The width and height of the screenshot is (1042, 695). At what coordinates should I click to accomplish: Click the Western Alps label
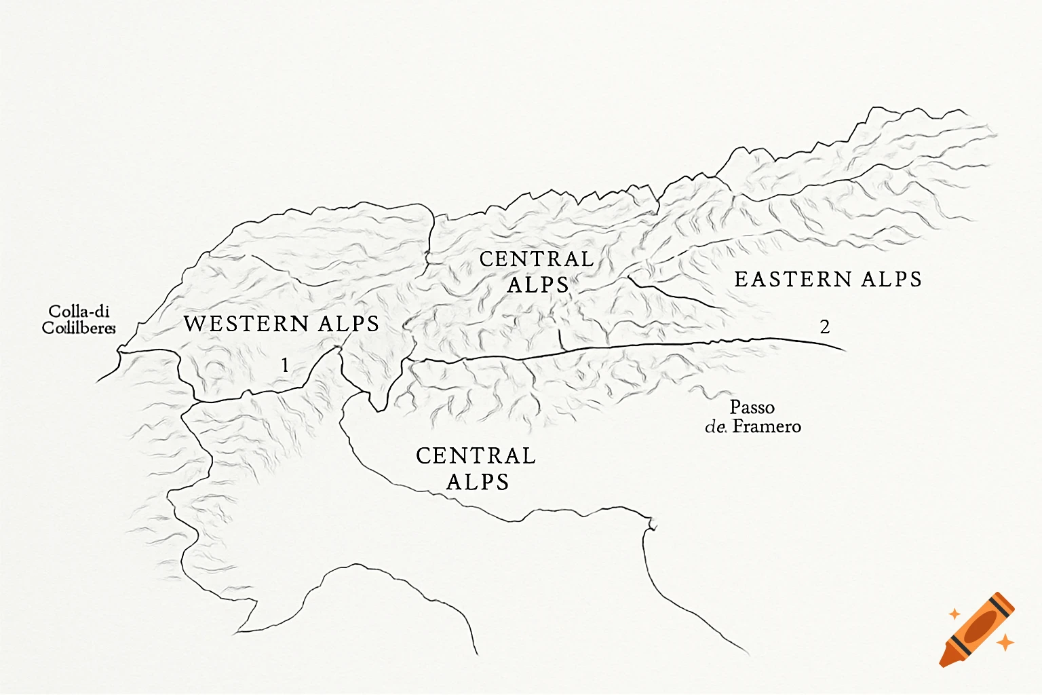click(281, 324)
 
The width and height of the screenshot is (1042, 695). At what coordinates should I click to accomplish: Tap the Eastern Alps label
click(828, 279)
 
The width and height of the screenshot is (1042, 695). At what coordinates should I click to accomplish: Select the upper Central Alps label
click(537, 271)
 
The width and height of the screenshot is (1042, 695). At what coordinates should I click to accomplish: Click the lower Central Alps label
click(476, 468)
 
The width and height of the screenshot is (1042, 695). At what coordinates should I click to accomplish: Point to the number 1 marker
click(285, 366)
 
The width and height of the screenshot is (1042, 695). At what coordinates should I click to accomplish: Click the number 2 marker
click(824, 327)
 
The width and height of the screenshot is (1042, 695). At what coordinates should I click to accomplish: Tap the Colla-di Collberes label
click(79, 320)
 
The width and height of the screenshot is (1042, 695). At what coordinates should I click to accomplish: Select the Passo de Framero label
click(753, 417)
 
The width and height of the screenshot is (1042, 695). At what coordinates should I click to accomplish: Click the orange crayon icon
click(977, 628)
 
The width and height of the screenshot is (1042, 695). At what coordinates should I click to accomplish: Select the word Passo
click(752, 407)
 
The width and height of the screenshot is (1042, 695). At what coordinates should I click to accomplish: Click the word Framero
click(767, 426)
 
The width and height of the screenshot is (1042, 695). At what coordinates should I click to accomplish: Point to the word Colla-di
click(79, 312)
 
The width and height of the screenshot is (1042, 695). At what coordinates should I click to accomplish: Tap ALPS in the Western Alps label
click(349, 324)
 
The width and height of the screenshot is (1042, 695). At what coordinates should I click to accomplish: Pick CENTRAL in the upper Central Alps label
click(537, 259)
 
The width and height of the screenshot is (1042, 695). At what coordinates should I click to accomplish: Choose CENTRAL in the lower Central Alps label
click(476, 455)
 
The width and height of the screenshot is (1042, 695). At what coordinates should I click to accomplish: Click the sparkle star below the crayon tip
click(1005, 641)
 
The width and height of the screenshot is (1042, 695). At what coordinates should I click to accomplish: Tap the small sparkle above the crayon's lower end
click(954, 614)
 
